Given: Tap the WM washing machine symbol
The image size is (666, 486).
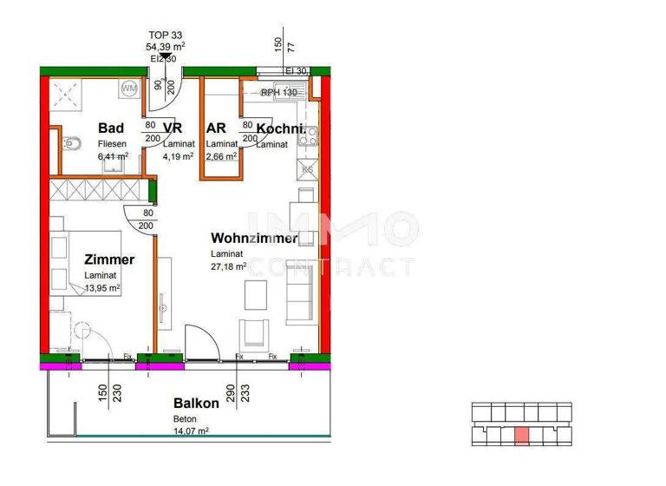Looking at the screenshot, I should tap(129, 88).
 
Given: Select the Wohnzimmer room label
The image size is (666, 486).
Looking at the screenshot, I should tap(254, 238).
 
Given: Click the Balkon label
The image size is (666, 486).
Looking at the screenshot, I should tap(195, 404).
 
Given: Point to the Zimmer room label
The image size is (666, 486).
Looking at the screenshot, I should tap(109, 259).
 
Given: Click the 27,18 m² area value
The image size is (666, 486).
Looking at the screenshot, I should tap(228, 266).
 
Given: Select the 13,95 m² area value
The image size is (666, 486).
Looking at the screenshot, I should tap(101, 288).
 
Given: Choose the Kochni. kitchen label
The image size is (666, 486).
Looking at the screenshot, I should tap(280, 128).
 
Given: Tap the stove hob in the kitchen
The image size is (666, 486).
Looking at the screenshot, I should tap(309, 135).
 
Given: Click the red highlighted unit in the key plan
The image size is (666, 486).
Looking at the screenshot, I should tap(521, 436).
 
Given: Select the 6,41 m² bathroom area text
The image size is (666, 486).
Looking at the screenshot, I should tap(113, 156).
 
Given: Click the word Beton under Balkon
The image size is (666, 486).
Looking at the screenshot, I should tap(184, 418).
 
